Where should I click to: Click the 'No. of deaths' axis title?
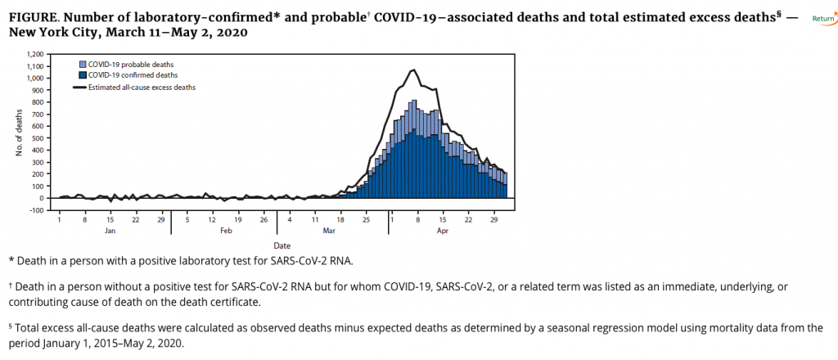(20, 131)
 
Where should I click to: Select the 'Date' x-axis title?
(281, 245)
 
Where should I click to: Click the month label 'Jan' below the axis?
(110, 231)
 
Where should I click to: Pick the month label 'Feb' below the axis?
(225, 231)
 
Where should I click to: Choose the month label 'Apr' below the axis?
(443, 231)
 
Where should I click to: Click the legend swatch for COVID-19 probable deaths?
(83, 64)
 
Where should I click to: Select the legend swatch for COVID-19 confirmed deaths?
(83, 74)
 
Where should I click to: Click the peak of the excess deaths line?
(414, 70)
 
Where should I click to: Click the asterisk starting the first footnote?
(11, 260)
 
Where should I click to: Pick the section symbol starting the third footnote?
(11, 327)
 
